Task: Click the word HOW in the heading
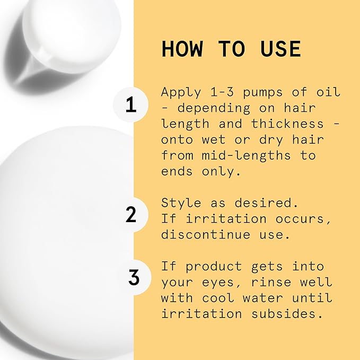(182, 49)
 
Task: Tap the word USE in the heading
(280, 49)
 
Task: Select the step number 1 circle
(130, 104)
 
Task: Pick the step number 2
(131, 214)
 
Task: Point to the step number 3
(134, 277)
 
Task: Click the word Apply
(181, 93)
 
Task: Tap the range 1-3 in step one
(222, 92)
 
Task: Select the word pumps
(262, 93)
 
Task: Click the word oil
(328, 92)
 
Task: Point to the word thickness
(287, 124)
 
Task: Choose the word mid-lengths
(246, 156)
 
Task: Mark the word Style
(181, 203)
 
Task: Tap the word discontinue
(206, 234)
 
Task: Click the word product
(214, 267)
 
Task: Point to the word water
(262, 298)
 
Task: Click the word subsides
(285, 314)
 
